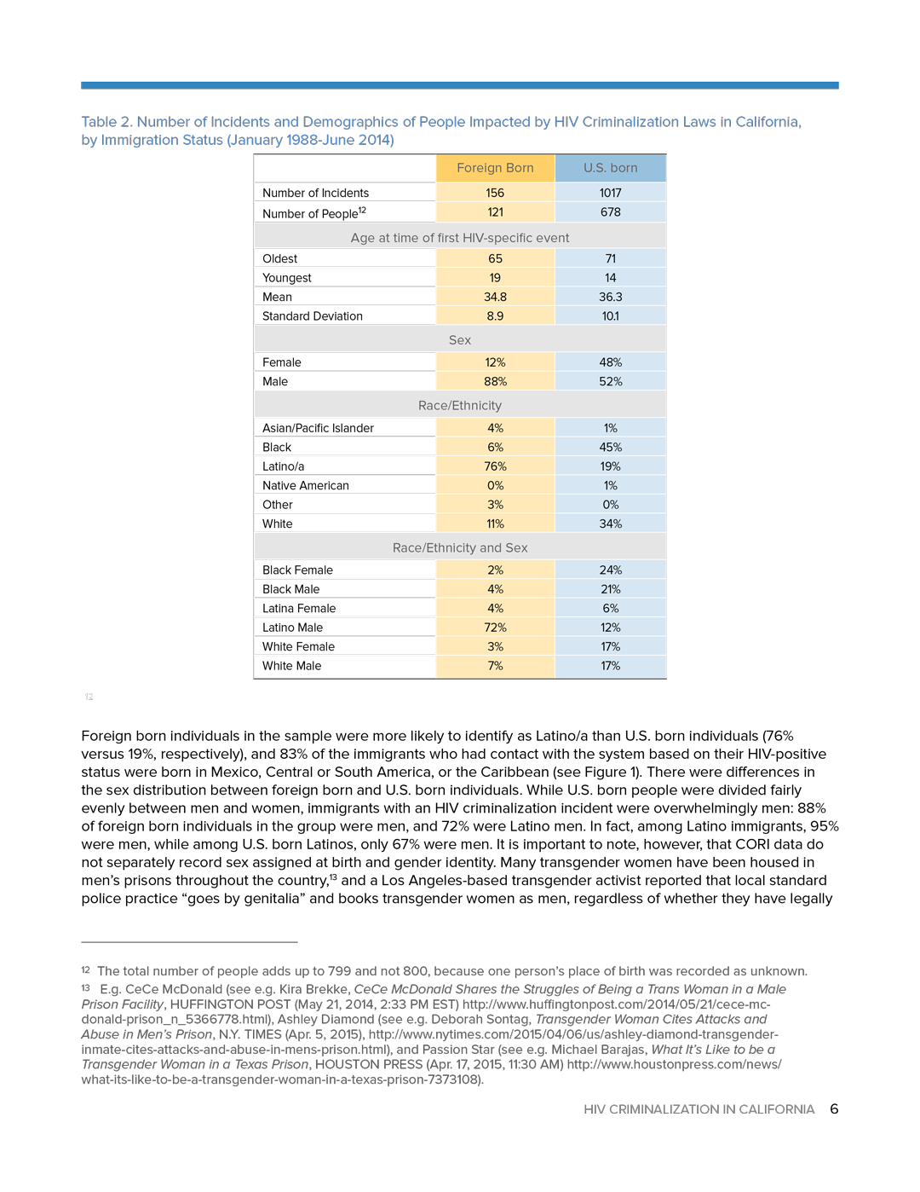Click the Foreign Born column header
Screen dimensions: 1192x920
pyautogui.click(x=495, y=168)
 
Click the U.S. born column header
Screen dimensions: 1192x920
pyautogui.click(x=610, y=168)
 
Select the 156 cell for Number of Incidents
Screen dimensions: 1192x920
pyautogui.click(x=495, y=193)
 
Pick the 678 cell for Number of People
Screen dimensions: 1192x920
pyautogui.click(x=610, y=212)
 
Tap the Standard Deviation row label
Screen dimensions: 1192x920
pyautogui.click(x=312, y=316)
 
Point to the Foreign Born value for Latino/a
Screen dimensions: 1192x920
pyautogui.click(x=495, y=466)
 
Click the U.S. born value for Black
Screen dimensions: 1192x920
pyautogui.click(x=610, y=448)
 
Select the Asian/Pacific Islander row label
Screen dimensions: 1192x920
pyautogui.click(x=318, y=428)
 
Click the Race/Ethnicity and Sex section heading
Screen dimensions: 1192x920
pyautogui.click(x=460, y=548)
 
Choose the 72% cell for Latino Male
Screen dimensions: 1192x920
pyautogui.click(x=495, y=628)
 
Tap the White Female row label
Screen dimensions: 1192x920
pyautogui.click(x=298, y=647)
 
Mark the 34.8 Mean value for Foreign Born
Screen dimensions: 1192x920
pyautogui.click(x=495, y=297)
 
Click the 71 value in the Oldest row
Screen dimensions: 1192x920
pyautogui.click(x=610, y=258)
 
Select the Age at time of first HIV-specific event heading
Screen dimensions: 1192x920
pyautogui.click(x=460, y=238)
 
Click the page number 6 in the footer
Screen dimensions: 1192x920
pyautogui.click(x=834, y=1109)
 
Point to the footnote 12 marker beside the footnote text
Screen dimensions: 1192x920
pyautogui.click(x=85, y=970)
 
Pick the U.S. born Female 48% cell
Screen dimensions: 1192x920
pyautogui.click(x=610, y=362)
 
